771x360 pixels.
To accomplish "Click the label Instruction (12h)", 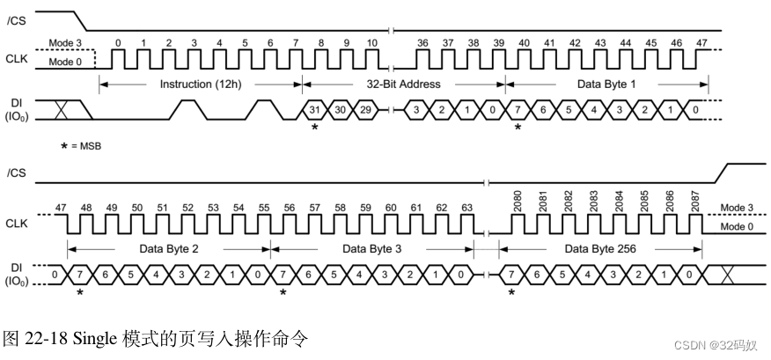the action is pyautogui.click(x=200, y=84).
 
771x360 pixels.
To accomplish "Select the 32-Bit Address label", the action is pyautogui.click(x=403, y=84).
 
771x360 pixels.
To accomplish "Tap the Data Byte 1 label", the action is pyautogui.click(x=607, y=84).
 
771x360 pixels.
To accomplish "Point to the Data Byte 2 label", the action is pyautogui.click(x=169, y=249).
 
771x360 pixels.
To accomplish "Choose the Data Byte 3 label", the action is pyautogui.click(x=372, y=249).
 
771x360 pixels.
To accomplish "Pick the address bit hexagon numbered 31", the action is pyautogui.click(x=313, y=109).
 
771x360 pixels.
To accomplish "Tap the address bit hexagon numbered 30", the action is pyautogui.click(x=339, y=109).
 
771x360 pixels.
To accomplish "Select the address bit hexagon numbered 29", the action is pyautogui.click(x=364, y=109).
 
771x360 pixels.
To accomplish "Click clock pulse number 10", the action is pyautogui.click(x=372, y=43).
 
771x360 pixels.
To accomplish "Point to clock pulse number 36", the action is pyautogui.click(x=423, y=43).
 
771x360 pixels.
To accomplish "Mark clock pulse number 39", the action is pyautogui.click(x=499, y=43).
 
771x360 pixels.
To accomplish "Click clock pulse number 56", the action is pyautogui.click(x=290, y=208).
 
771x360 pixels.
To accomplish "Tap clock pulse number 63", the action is pyautogui.click(x=467, y=208).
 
